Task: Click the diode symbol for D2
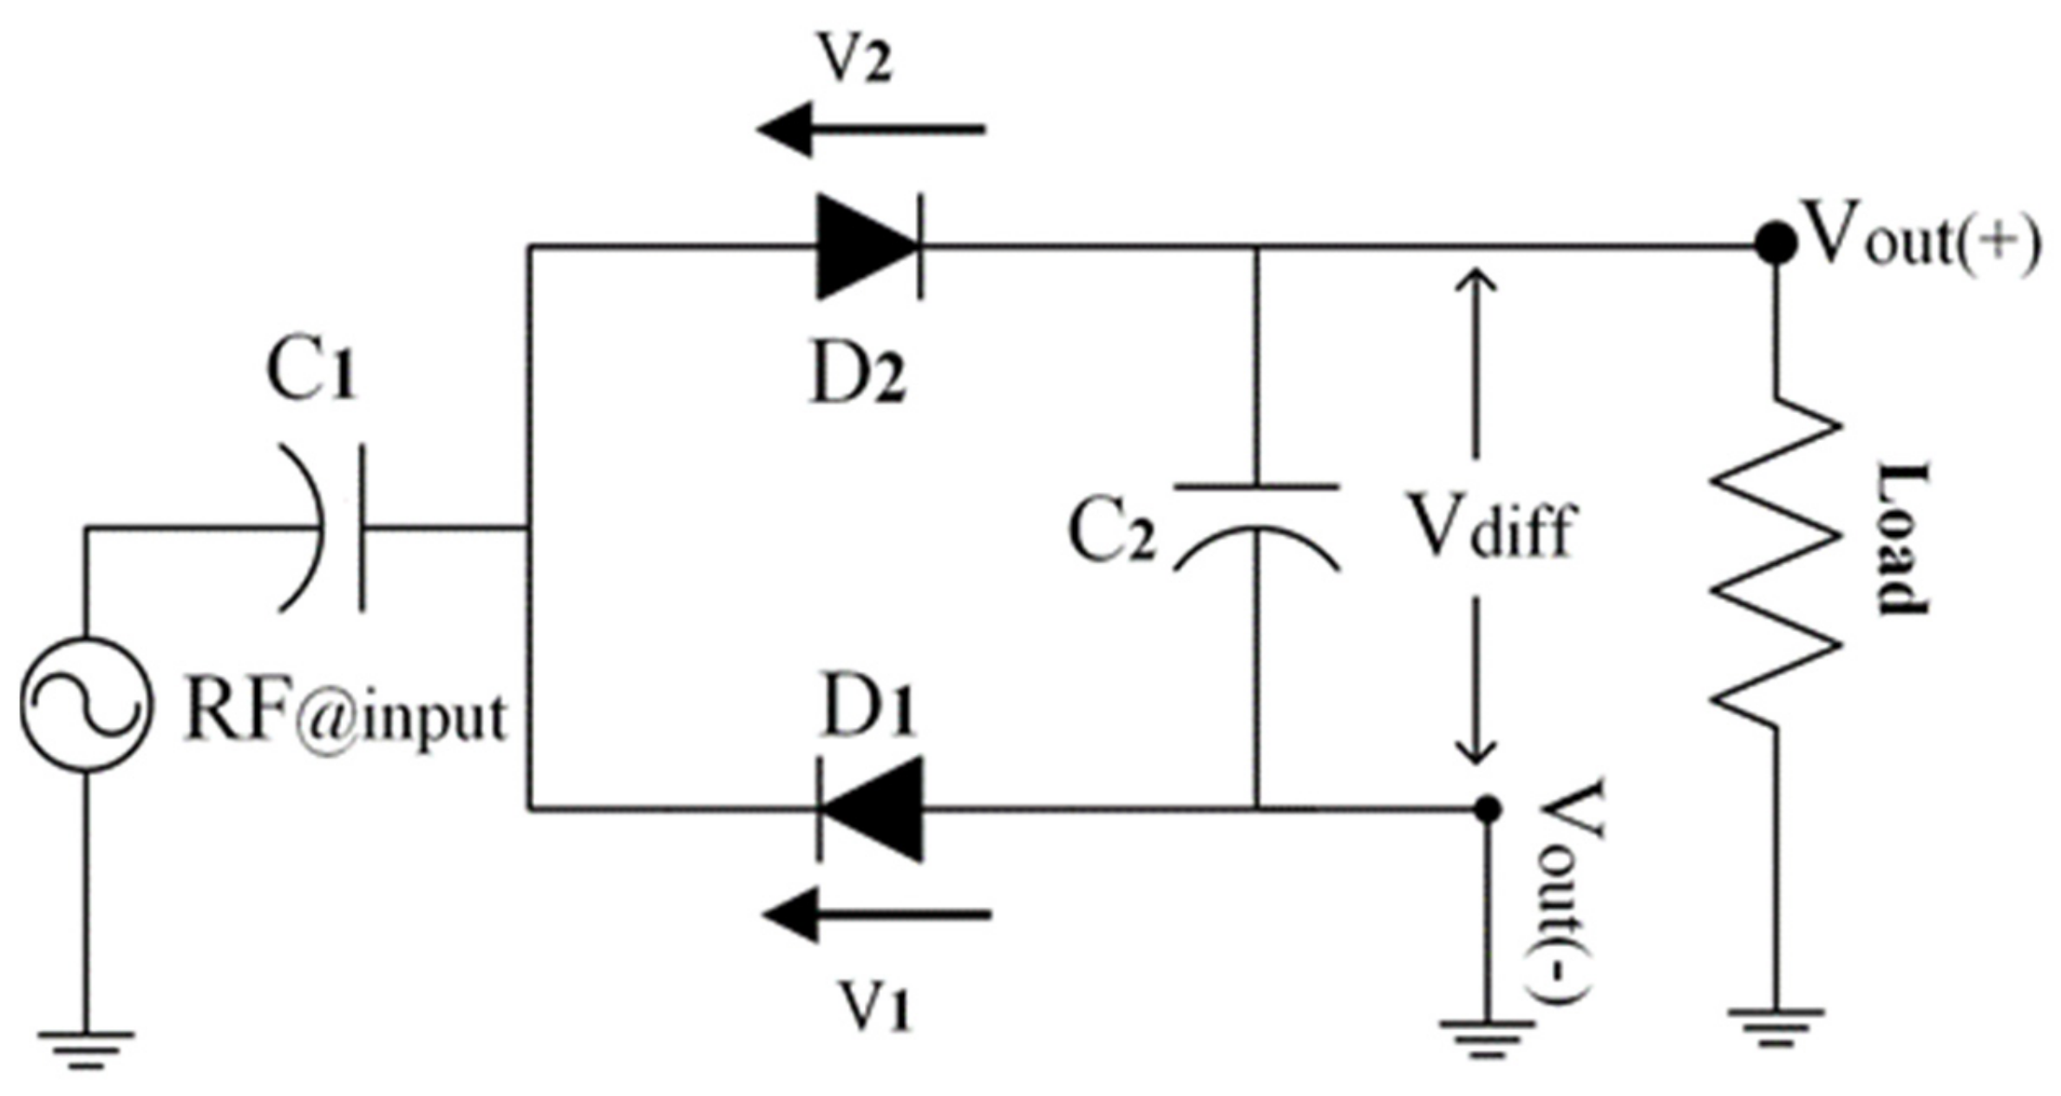pyautogui.click(x=867, y=247)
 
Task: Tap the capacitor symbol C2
pyautogui.click(x=1255, y=527)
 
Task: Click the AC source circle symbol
pyautogui.click(x=86, y=703)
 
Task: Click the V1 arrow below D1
pyautogui.click(x=876, y=915)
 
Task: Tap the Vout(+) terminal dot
pyautogui.click(x=1775, y=244)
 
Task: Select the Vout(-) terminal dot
pyautogui.click(x=1487, y=809)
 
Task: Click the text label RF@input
pyautogui.click(x=344, y=716)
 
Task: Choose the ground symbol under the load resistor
pyautogui.click(x=1775, y=1026)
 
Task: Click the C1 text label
pyautogui.click(x=311, y=373)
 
